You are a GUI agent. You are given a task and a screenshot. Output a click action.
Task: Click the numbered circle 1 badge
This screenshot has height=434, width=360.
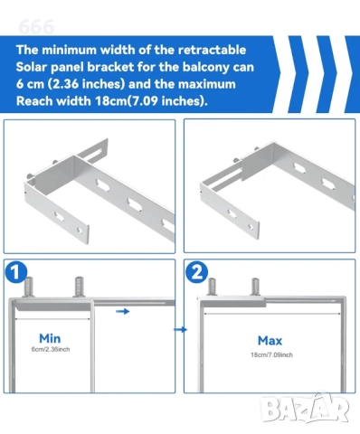pos(16,272)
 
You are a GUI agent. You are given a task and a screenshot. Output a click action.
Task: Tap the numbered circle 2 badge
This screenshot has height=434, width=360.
pos(196,272)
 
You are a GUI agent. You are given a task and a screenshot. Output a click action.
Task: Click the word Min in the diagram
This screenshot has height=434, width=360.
pos(50,338)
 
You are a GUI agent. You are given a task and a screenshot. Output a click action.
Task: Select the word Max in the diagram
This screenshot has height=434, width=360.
pos(270,341)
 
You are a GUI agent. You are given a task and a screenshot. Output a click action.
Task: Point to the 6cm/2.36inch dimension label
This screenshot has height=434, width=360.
pos(51,349)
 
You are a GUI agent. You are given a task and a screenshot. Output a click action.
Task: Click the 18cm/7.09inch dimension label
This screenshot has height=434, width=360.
pos(271,355)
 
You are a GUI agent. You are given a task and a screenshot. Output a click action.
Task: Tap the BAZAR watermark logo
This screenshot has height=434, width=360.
pos(305,409)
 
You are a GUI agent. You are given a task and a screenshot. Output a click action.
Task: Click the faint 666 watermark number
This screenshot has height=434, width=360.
pos(36,27)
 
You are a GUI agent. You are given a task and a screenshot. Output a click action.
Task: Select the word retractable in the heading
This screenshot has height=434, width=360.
pos(212,50)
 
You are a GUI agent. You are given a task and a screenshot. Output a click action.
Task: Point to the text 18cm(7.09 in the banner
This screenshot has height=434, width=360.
pos(127,101)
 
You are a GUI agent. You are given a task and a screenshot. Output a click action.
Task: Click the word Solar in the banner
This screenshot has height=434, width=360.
pos(31,67)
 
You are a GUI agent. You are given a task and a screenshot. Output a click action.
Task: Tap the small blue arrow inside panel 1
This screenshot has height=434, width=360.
pos(123,311)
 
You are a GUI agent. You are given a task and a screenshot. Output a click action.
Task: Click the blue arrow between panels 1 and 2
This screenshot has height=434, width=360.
pos(180,330)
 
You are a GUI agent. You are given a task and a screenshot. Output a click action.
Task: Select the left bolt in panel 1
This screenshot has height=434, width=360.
pos(29,287)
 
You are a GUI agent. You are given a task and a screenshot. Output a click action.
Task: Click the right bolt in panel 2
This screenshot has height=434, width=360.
pos(255,287)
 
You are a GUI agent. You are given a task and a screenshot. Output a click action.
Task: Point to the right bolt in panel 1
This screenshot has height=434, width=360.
pos(79,287)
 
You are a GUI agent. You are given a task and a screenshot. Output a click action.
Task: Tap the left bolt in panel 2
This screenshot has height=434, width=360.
pos(213,287)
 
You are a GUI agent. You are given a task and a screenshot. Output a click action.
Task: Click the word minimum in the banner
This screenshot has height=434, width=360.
pos(69,50)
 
